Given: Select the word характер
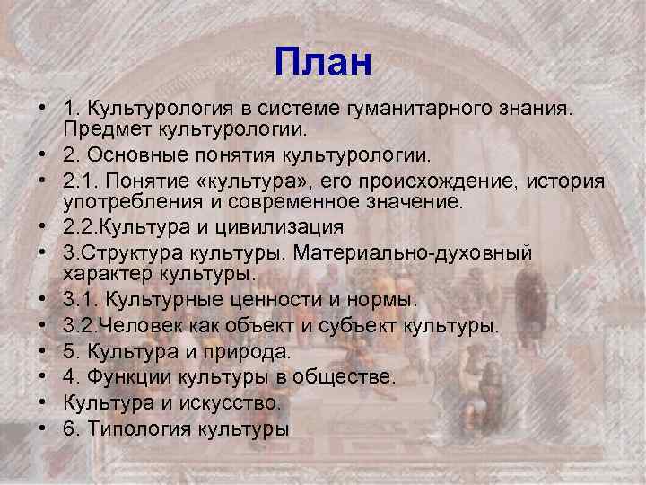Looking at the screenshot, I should pos(106,274).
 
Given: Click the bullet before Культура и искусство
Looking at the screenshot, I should pos(43,403).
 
